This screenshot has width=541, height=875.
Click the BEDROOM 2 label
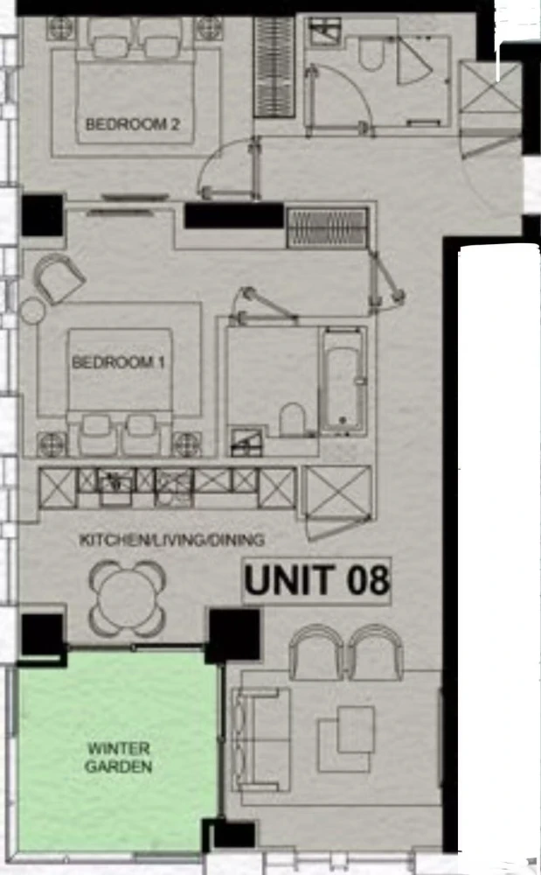coord(133,124)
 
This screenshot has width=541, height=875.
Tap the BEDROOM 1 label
coord(119,362)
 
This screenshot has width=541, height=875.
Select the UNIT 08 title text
coord(316,580)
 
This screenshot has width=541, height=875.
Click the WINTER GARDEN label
coord(119,757)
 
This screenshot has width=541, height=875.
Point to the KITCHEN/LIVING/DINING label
coord(172,540)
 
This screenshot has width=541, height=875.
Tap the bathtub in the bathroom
coord(343,381)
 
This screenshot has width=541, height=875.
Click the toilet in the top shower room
coord(371,53)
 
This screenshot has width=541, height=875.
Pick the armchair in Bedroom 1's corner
coord(59,278)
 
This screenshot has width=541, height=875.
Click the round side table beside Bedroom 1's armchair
coord(32,311)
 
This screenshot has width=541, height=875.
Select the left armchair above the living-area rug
coord(316,653)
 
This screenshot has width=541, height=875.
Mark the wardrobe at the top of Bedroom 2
coord(274,67)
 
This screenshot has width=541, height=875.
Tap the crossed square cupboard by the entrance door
coord(489,87)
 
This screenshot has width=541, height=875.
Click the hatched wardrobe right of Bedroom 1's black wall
coord(328,227)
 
